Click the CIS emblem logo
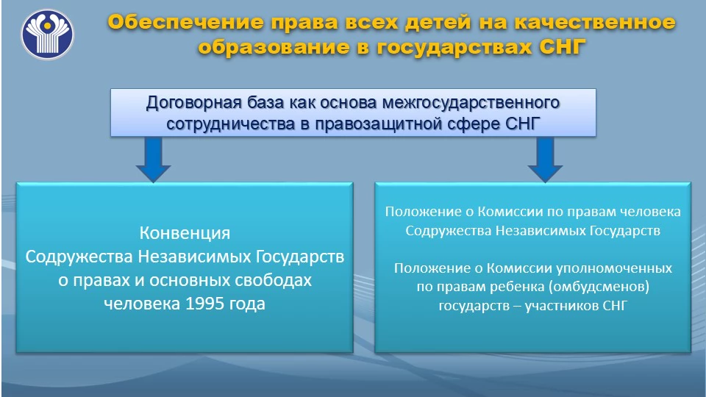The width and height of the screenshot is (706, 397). coord(47,34)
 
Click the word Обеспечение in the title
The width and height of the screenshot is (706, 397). coord(185,22)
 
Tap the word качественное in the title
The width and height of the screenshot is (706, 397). coord(595,22)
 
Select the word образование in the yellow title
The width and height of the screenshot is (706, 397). coord(274,47)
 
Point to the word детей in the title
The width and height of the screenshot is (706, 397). coord(438,22)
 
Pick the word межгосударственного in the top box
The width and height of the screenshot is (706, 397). coord(471,103)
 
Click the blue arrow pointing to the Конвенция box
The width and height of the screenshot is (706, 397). coord(153,160)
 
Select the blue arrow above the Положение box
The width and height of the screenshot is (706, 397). coord(545,160)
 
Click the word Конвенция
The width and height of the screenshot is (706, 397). coord(185,233)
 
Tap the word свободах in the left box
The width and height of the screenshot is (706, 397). coord(274,280)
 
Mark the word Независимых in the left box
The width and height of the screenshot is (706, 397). coord(194,257)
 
